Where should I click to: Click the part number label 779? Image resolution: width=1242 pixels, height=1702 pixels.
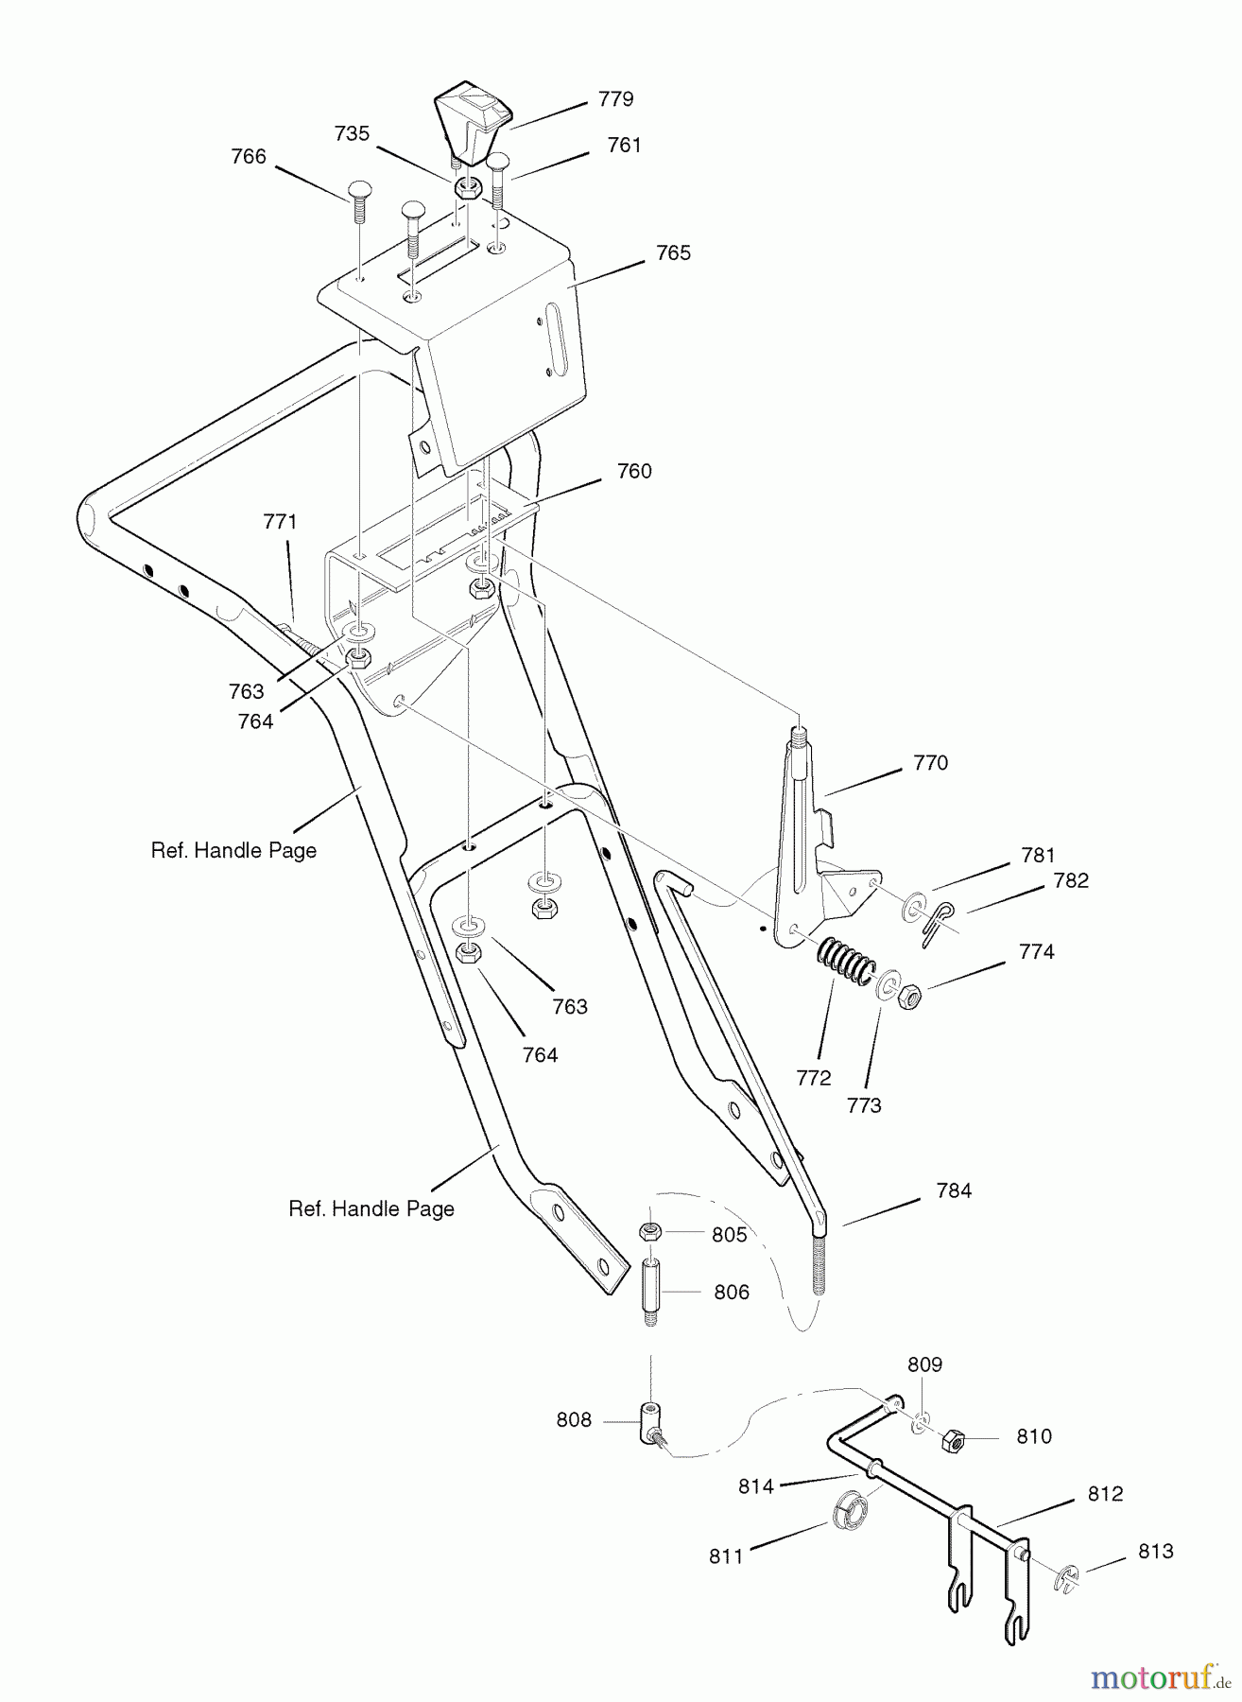[616, 99]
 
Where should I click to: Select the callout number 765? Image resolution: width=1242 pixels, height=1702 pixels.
[674, 253]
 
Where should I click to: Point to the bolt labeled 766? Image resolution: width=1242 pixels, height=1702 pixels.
[359, 201]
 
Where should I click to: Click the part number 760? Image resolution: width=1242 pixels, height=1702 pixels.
[634, 471]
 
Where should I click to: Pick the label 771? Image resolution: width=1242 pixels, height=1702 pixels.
[280, 522]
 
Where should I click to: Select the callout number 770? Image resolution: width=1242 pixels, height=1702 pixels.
[931, 763]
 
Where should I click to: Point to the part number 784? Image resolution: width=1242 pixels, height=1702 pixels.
[954, 1191]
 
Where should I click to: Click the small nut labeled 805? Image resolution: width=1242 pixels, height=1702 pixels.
[649, 1232]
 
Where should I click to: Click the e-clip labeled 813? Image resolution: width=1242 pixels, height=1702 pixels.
[1064, 1579]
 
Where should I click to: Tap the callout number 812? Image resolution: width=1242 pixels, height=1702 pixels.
[1106, 1494]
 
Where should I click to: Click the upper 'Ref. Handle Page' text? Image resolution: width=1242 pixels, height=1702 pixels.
[233, 850]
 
